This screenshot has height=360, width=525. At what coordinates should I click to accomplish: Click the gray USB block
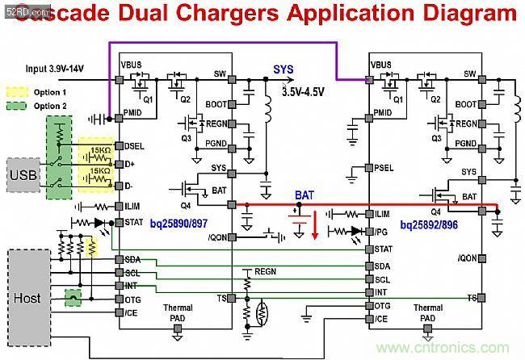(x=23, y=174)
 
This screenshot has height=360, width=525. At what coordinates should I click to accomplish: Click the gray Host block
(x=27, y=298)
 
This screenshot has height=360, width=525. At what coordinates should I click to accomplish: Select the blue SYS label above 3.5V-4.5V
(x=283, y=70)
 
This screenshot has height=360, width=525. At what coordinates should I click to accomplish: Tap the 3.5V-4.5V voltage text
(x=304, y=93)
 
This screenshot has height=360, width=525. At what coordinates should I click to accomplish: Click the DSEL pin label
(x=136, y=146)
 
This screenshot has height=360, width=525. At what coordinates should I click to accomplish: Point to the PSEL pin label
(x=385, y=169)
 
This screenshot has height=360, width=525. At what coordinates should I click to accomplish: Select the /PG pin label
(x=382, y=232)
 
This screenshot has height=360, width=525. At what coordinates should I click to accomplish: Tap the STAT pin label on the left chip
(x=135, y=221)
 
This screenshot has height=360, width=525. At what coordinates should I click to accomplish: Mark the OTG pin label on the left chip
(x=133, y=299)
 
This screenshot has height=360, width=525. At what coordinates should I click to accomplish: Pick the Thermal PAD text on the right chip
(x=427, y=312)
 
